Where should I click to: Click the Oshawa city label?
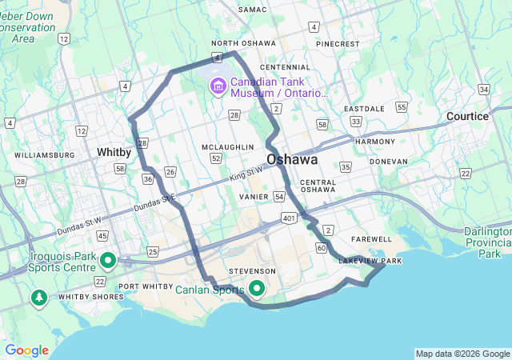tap(292, 159)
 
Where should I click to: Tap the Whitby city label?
tap(114, 151)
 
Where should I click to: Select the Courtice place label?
tap(467, 116)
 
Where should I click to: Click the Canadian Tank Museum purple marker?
tap(217, 86)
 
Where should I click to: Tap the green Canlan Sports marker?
tap(257, 288)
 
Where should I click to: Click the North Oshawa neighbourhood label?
tap(243, 43)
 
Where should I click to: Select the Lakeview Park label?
tap(370, 261)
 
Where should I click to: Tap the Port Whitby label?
tap(145, 286)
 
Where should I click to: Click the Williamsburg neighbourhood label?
tap(44, 154)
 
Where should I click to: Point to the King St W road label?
tap(246, 172)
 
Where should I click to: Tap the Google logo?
tap(27, 350)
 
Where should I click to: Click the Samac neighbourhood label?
tap(252, 8)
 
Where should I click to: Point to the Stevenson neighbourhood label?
tap(253, 271)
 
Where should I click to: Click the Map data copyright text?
tap(462, 354)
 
